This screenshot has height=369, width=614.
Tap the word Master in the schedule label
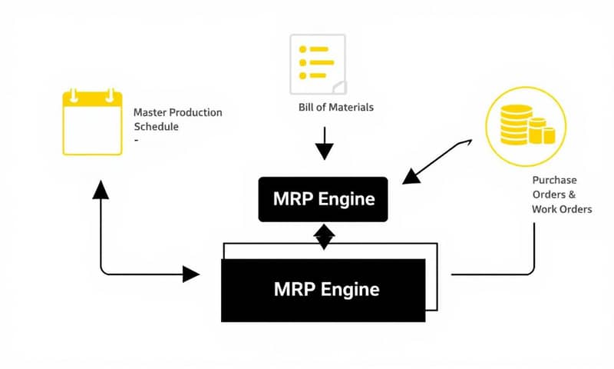150,112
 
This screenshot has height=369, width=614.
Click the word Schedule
156,127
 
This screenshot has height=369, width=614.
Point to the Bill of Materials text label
335,107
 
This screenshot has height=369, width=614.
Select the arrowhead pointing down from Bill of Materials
325,151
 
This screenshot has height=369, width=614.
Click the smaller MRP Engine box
324,198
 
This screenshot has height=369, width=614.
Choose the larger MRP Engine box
323,290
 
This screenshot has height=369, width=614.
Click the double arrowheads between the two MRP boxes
325,237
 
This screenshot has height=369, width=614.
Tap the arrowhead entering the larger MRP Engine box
191,273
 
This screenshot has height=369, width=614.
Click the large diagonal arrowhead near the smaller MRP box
412,176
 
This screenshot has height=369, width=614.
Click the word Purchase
549,180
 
